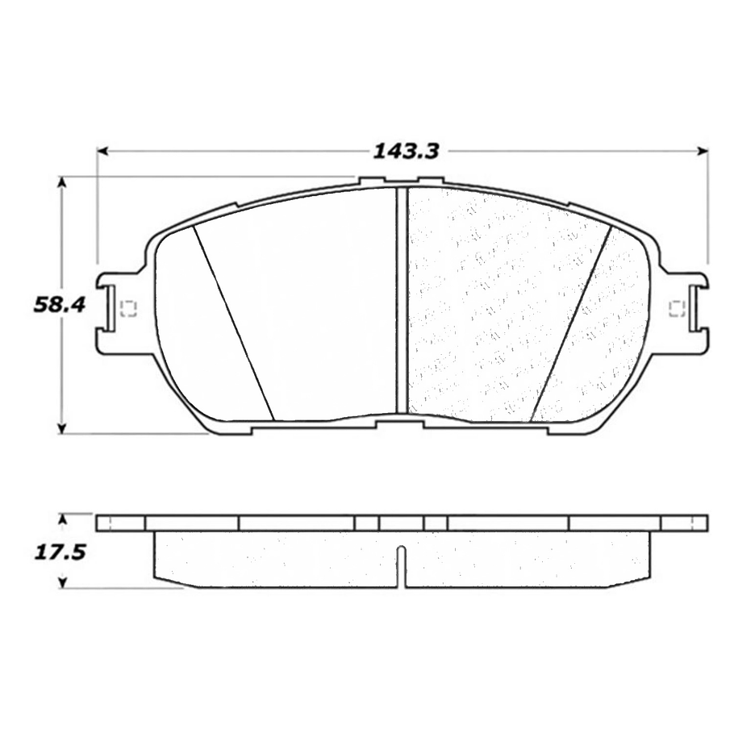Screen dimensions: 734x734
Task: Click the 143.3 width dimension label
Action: [x=406, y=151]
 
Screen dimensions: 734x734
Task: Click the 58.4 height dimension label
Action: [x=60, y=306]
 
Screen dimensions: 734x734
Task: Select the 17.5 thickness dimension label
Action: [x=60, y=553]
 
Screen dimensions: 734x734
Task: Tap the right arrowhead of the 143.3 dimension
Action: [x=703, y=151]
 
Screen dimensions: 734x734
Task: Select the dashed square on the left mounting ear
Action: [x=127, y=308]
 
